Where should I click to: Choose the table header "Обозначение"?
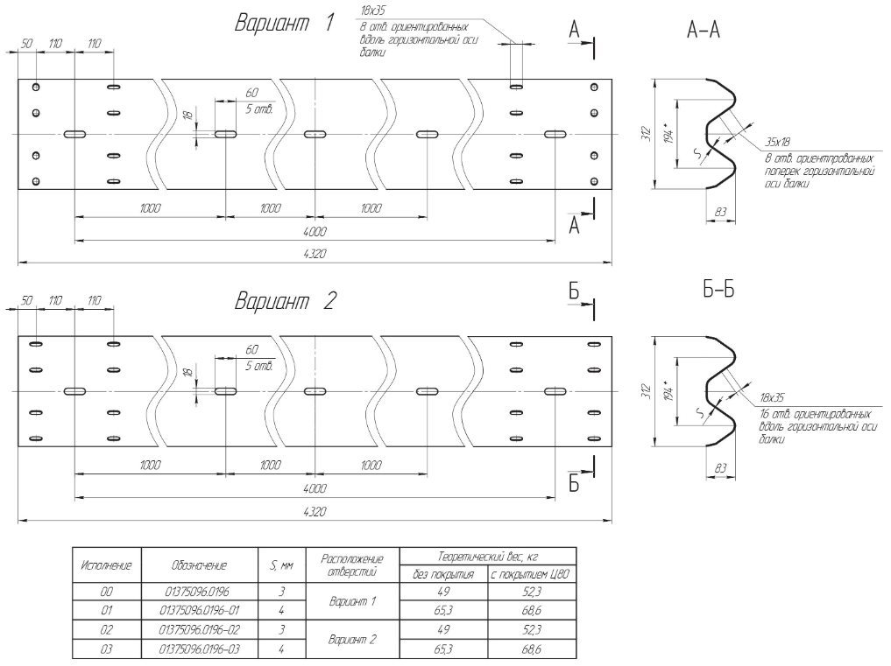201,565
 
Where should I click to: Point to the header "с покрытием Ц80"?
531,575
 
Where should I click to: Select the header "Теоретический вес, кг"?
487,556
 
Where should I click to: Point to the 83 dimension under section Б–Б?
721,468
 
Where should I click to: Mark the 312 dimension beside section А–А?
647,133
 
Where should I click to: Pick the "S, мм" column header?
282,565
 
